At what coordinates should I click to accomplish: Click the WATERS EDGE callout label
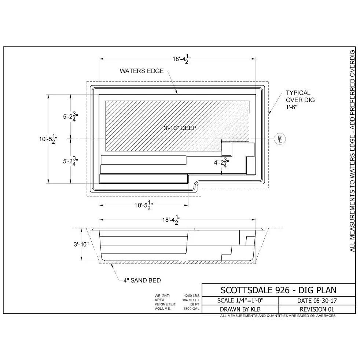pos(142,71)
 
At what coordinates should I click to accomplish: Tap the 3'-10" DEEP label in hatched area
pos(180,128)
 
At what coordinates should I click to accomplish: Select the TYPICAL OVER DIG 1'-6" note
pos(300,100)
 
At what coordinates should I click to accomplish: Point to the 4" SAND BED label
pos(142,280)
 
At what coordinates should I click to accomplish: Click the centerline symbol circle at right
pos(280,139)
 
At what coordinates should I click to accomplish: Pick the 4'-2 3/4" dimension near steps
pos(221,162)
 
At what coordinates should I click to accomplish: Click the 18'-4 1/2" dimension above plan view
pos(181,59)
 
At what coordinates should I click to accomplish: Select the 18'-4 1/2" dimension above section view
pos(171,220)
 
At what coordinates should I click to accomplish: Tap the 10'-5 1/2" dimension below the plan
pos(143,205)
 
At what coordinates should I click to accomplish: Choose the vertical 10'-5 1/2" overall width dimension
pos(48,139)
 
